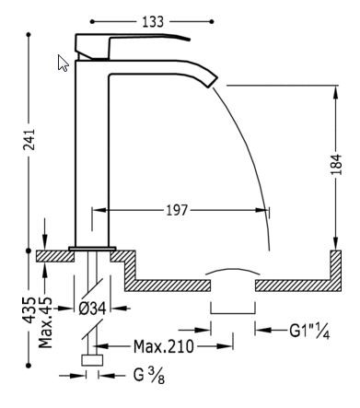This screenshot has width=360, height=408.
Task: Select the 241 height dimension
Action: point(30,139)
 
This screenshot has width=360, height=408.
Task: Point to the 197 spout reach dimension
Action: point(175,211)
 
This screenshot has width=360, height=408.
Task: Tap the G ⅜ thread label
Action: point(134,376)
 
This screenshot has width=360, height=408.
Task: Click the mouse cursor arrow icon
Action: point(63,63)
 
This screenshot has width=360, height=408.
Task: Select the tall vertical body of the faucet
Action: point(91,157)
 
